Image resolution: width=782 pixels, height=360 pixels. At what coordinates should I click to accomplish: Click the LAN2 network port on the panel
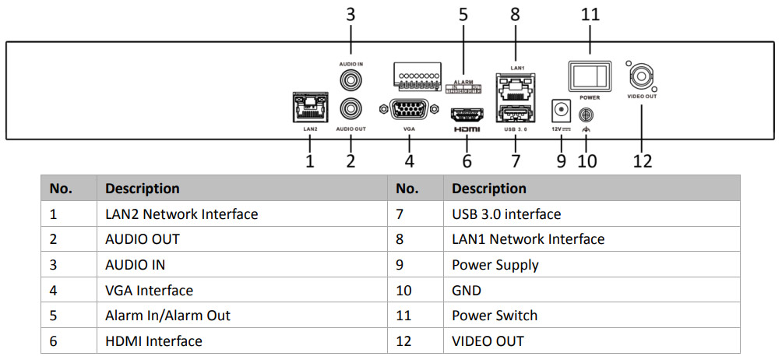[309, 105]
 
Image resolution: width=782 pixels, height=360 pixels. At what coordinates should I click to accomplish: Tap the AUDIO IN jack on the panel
[350, 79]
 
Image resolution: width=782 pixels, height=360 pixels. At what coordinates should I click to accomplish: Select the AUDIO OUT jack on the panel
[350, 107]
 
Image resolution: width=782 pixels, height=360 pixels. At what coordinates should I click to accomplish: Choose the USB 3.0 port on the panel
[514, 112]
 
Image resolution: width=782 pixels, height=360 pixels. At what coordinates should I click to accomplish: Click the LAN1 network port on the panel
[514, 86]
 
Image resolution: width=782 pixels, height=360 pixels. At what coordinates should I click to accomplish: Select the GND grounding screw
[586, 113]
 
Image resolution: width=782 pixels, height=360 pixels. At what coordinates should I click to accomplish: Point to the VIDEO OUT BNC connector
[642, 76]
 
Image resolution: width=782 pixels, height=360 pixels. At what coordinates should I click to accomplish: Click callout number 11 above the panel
[590, 15]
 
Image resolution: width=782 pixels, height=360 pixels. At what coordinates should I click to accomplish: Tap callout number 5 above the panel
[464, 15]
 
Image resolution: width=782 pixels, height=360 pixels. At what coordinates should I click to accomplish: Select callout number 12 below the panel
[643, 161]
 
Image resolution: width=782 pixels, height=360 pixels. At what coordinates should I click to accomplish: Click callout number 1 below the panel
[310, 161]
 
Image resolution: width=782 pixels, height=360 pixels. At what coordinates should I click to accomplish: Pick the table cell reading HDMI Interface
[153, 341]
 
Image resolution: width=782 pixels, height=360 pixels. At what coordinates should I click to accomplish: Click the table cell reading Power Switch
[495, 316]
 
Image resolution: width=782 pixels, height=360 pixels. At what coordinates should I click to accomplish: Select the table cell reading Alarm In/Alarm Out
[167, 316]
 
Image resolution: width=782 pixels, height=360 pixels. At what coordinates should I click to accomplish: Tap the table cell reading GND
[467, 291]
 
